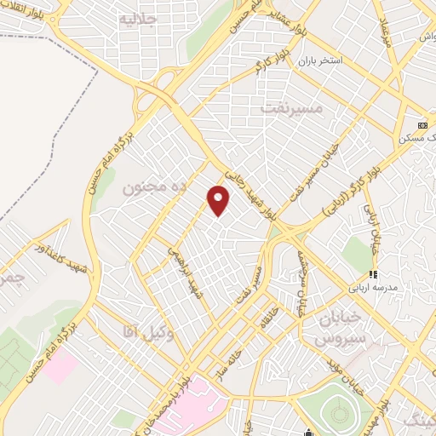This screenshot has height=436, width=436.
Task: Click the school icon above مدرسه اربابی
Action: pyautogui.click(x=371, y=275)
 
